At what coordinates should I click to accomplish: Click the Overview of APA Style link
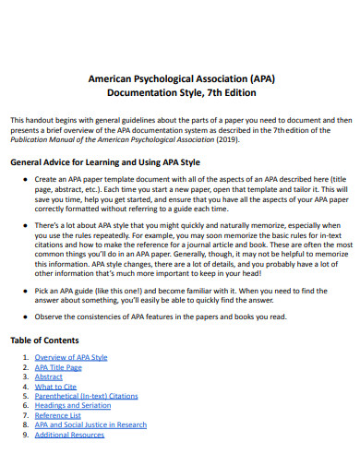coord(71,356)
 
